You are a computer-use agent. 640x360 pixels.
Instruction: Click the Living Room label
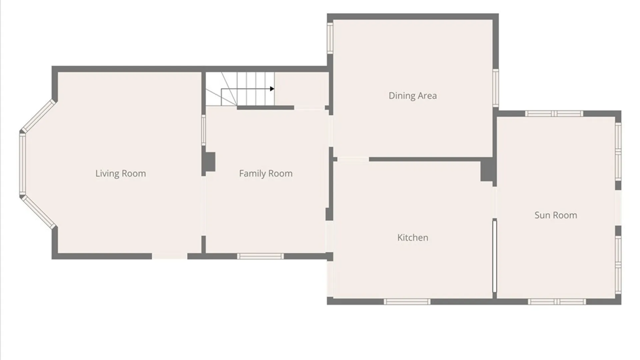(x=121, y=174)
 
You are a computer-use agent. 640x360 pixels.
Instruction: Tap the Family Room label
(x=266, y=174)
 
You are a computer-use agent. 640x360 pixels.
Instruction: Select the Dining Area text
(x=413, y=96)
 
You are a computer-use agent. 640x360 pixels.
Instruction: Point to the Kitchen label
(x=413, y=238)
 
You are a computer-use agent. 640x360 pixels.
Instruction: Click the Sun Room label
(x=556, y=215)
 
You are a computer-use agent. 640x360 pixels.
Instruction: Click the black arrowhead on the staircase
(x=272, y=89)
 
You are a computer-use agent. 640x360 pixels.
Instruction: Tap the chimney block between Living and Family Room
(x=209, y=162)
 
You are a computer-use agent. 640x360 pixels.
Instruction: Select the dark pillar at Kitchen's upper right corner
(x=487, y=170)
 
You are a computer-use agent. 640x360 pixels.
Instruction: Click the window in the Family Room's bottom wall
(x=260, y=256)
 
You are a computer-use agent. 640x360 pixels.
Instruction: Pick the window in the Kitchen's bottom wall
(x=407, y=302)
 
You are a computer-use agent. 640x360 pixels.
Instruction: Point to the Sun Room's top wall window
(x=554, y=114)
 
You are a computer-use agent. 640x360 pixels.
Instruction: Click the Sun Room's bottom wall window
(x=557, y=302)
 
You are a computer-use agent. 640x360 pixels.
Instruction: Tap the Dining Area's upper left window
(x=330, y=38)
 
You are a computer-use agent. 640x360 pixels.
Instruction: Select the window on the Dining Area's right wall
(x=496, y=88)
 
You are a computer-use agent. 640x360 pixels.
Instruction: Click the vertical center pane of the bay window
(x=23, y=163)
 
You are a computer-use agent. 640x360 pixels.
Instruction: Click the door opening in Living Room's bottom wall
(x=170, y=256)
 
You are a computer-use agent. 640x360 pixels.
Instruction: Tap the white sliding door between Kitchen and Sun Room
(x=495, y=256)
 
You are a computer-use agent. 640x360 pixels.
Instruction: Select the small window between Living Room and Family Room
(x=203, y=130)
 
